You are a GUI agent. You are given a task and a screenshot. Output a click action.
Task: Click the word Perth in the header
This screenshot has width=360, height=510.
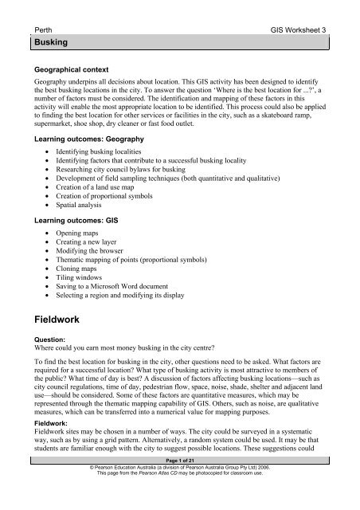37,27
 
